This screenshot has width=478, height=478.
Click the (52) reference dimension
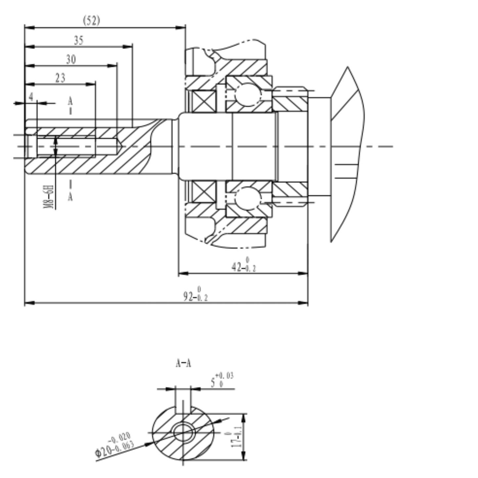point(91,21)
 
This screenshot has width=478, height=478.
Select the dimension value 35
point(79,40)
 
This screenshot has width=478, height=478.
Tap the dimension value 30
point(71,60)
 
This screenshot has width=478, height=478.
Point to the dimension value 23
point(60,78)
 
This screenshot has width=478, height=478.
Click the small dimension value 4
point(31,97)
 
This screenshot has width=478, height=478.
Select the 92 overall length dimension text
point(196,295)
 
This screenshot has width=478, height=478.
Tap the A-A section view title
point(183,364)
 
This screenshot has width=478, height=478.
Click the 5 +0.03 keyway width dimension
point(222,380)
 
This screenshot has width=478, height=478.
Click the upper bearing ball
point(248,94)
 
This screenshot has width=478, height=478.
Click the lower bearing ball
point(248,198)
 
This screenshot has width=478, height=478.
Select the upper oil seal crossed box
point(204,101)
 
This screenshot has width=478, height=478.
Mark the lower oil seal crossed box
point(204,192)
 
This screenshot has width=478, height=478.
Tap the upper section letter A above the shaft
point(70,101)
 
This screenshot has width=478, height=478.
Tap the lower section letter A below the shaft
point(70,197)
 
